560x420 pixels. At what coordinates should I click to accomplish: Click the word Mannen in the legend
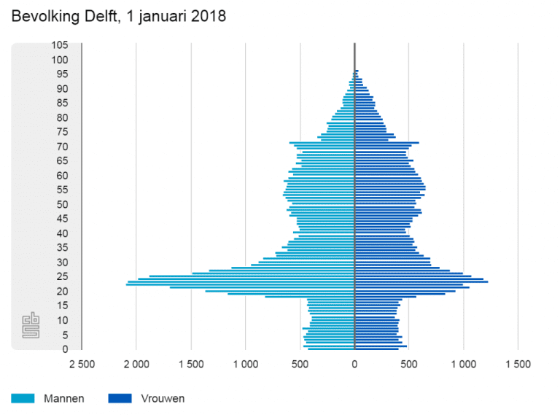tap(63, 399)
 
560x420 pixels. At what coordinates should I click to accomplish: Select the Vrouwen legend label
tap(161, 399)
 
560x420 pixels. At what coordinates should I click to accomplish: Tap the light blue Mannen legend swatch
tap(22, 399)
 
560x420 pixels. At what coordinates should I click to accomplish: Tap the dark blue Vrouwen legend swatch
tap(119, 399)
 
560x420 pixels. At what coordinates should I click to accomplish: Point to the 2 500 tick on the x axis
tap(81, 364)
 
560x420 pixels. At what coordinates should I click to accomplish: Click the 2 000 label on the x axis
tap(136, 364)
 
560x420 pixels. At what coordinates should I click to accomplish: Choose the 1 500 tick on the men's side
tap(191, 364)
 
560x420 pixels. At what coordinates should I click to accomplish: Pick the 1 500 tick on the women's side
tap(518, 364)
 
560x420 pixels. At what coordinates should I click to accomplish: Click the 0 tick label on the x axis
tap(354, 364)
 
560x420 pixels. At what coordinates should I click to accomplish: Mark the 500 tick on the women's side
tap(408, 364)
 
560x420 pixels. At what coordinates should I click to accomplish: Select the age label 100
tap(61, 60)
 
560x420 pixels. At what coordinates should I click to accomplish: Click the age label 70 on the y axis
tap(63, 147)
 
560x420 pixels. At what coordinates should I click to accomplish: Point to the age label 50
tap(63, 204)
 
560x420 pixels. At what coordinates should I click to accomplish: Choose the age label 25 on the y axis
tap(63, 276)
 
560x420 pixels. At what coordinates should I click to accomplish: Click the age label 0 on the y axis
tap(66, 349)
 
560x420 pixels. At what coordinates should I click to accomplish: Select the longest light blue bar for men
tap(240, 284)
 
